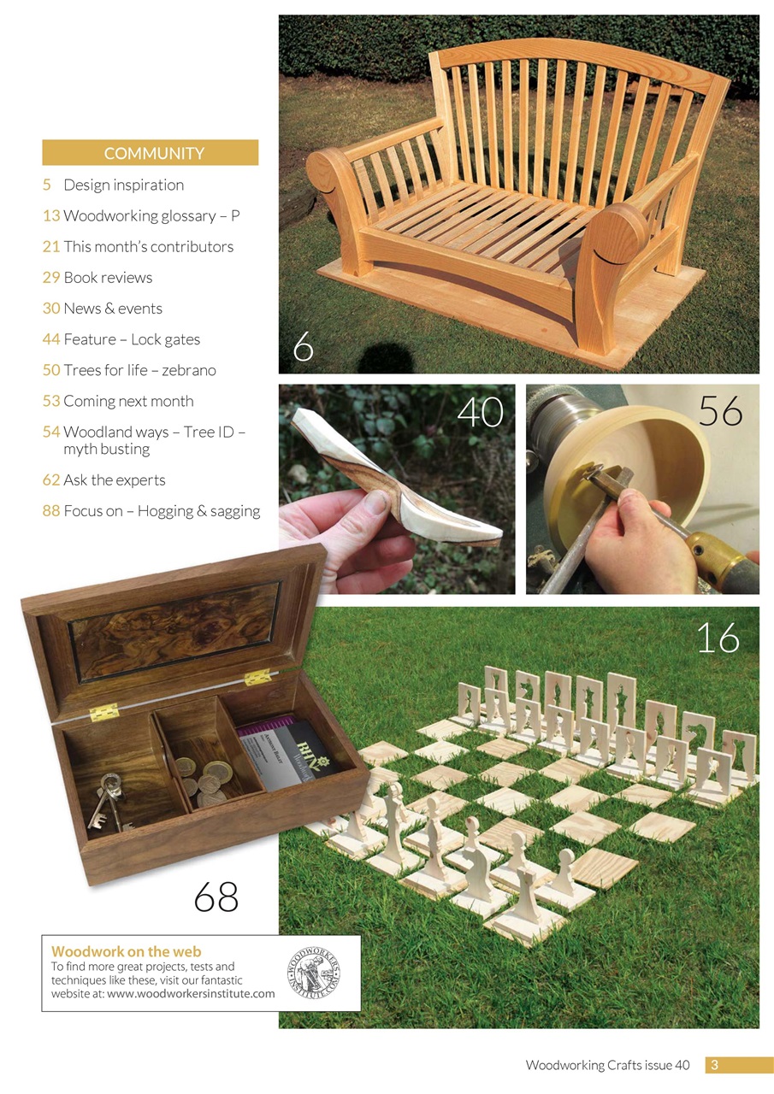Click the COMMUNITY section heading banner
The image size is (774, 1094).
[x=151, y=153]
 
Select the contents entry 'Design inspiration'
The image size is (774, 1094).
[x=123, y=185]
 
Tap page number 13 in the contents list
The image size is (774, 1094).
[x=50, y=215]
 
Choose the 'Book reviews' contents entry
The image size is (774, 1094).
[x=108, y=277]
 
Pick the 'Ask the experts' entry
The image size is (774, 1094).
[x=115, y=479]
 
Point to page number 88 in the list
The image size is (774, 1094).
[x=50, y=511]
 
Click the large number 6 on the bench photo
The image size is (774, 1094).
[x=303, y=347]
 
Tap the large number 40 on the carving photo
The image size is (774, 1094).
[x=480, y=413]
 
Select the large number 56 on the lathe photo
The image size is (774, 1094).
[x=720, y=411]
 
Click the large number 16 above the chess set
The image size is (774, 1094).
[x=717, y=638]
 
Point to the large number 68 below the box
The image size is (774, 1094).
[x=216, y=897]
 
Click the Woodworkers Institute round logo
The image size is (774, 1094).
[x=313, y=973]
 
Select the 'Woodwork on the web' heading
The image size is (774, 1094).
[x=127, y=950]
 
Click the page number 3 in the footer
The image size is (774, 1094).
[x=715, y=1065]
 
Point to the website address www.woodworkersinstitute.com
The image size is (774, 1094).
[x=191, y=994]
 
